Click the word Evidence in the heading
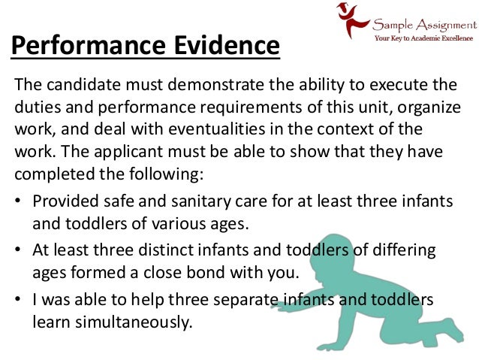click(x=218, y=45)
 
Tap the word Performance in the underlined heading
click(x=82, y=45)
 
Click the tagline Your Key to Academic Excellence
click(x=423, y=36)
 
